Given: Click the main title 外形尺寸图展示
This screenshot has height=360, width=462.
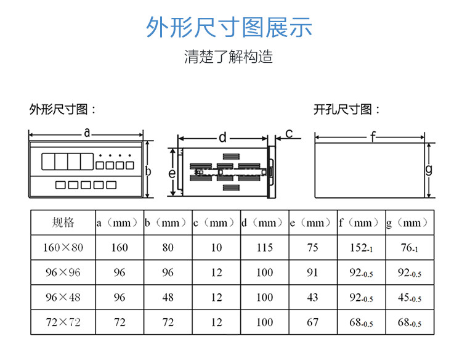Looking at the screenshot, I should pyautogui.click(x=229, y=28).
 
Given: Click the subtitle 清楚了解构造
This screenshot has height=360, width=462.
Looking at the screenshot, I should pyautogui.click(x=229, y=57).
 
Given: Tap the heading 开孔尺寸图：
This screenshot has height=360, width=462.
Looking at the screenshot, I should pyautogui.click(x=346, y=110).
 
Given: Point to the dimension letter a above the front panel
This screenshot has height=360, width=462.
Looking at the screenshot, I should pyautogui.click(x=87, y=132).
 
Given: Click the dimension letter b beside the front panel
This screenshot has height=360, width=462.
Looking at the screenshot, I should pyautogui.click(x=148, y=171).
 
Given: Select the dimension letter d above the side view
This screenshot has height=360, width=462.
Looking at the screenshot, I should pyautogui.click(x=222, y=136).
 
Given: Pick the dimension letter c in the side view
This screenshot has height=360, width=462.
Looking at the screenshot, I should pyautogui.click(x=288, y=133).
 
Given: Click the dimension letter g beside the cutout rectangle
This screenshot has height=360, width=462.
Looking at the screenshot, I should pyautogui.click(x=429, y=169).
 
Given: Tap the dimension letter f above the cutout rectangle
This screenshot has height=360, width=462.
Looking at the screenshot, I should pyautogui.click(x=373, y=137).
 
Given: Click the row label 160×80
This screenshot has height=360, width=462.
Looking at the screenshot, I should pyautogui.click(x=63, y=248).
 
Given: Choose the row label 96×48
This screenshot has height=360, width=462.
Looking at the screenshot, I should pyautogui.click(x=63, y=297).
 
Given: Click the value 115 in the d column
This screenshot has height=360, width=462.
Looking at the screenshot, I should pyautogui.click(x=264, y=248).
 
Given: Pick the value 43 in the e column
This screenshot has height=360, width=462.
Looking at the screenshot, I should pyautogui.click(x=312, y=297).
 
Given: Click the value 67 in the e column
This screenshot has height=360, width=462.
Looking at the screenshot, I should pyautogui.click(x=312, y=322).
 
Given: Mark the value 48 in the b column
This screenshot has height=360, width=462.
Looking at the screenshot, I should pyautogui.click(x=168, y=297).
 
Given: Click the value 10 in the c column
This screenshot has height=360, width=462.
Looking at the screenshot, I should pyautogui.click(x=216, y=248).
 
